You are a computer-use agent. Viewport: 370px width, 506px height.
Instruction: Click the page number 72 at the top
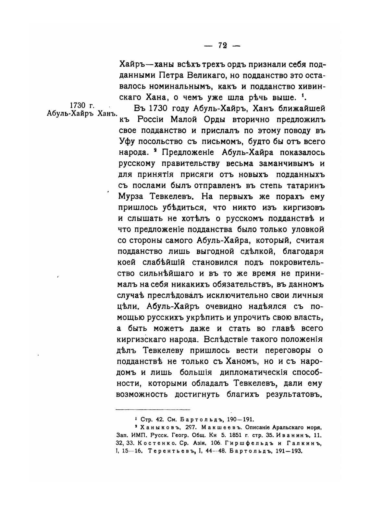pyautogui.click(x=222, y=45)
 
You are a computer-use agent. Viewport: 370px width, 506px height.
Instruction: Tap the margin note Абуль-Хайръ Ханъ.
pyautogui.click(x=81, y=113)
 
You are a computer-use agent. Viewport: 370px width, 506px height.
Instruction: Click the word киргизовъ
pyautogui.click(x=300, y=207)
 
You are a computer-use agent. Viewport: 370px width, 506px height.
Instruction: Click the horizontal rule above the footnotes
pyautogui.click(x=153, y=409)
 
